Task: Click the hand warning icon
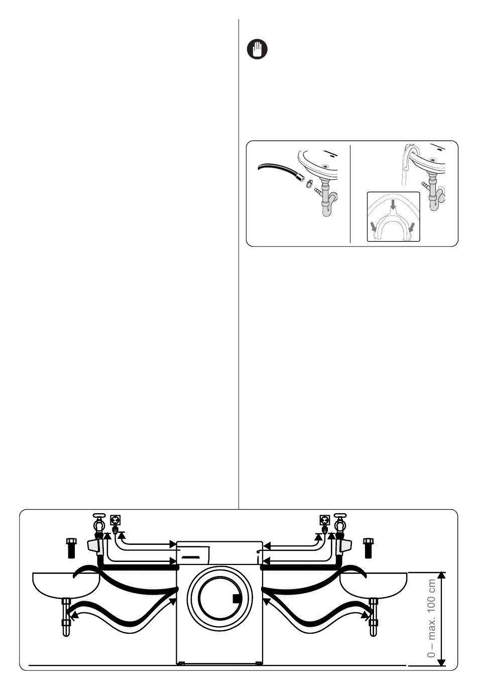[257, 50]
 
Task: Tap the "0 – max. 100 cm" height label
[431, 618]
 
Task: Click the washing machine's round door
[219, 598]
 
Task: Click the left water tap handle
[99, 517]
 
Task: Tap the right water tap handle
[341, 517]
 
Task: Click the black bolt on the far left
[70, 547]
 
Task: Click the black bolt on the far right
[368, 547]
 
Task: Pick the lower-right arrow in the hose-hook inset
[412, 227]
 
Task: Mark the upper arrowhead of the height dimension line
[441, 576]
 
